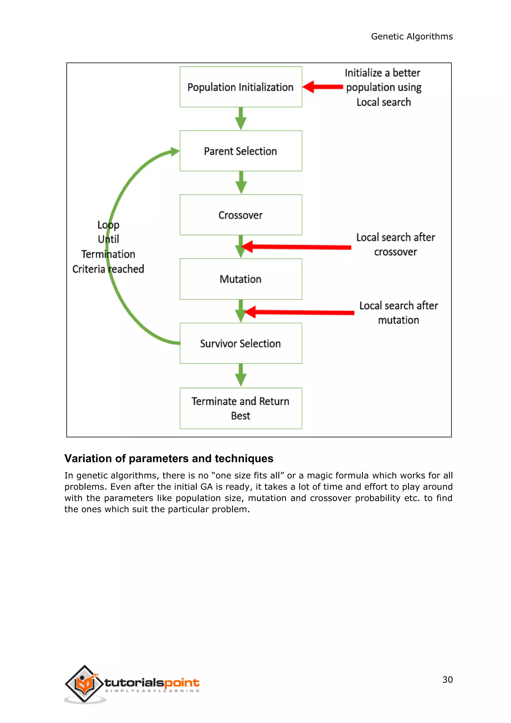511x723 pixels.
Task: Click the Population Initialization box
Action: pos(241,87)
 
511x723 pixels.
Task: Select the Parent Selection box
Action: pos(241,151)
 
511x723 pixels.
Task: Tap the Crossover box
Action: pos(241,215)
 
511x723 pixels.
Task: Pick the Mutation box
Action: pos(241,279)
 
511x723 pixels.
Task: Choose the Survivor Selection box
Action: pos(241,343)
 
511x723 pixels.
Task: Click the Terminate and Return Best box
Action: pos(241,408)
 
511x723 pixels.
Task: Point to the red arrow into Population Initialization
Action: pos(323,87)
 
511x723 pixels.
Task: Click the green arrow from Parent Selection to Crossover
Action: pos(241,183)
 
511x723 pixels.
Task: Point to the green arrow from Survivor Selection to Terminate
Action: pos(241,375)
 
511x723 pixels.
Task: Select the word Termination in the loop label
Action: pos(108,254)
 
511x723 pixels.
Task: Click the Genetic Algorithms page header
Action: pos(411,36)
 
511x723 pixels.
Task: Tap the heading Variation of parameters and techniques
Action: pos(169,458)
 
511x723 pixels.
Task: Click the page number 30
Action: pos(447,680)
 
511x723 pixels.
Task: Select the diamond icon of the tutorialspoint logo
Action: pos(84,683)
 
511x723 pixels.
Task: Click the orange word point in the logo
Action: pos(182,683)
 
